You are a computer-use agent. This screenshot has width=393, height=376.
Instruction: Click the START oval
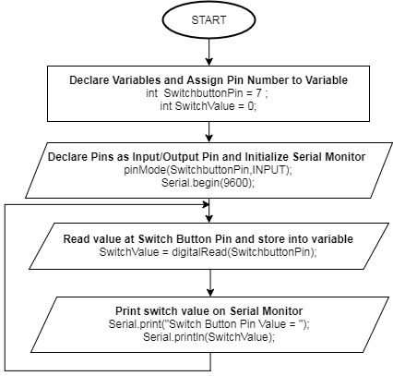pos(208,19)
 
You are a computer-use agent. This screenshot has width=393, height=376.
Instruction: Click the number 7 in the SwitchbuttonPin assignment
pos(259,93)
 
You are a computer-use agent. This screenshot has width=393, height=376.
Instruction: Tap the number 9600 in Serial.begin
pos(235,183)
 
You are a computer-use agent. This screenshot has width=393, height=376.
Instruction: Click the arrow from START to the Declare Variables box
pos(209,52)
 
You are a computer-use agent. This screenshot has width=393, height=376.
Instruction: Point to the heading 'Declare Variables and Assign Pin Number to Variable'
pos(208,80)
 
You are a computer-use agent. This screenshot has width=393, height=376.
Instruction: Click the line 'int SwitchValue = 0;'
pos(208,106)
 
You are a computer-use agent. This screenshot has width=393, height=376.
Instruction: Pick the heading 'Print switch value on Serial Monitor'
pos(208,311)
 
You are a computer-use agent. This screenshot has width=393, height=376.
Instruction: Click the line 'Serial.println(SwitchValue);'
pos(208,337)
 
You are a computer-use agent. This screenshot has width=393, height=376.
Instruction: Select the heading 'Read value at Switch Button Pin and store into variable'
pos(208,239)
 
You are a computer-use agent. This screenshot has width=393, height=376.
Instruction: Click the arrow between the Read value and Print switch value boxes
pos(210,283)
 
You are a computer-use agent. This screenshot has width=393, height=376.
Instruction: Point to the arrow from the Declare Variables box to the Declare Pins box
pos(209,132)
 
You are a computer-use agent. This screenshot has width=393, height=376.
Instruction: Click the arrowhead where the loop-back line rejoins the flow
pos(206,204)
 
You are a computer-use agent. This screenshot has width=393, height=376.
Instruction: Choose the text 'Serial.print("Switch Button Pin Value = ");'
pos(208,324)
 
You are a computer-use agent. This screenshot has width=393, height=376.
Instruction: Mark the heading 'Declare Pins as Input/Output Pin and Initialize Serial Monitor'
pos(207,157)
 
